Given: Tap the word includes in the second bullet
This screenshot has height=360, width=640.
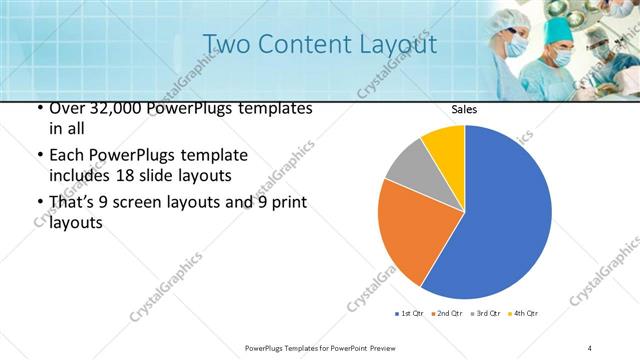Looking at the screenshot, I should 78,176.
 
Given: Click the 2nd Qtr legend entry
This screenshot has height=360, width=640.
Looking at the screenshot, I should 446,314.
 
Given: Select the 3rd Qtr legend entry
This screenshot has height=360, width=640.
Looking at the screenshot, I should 485,314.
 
